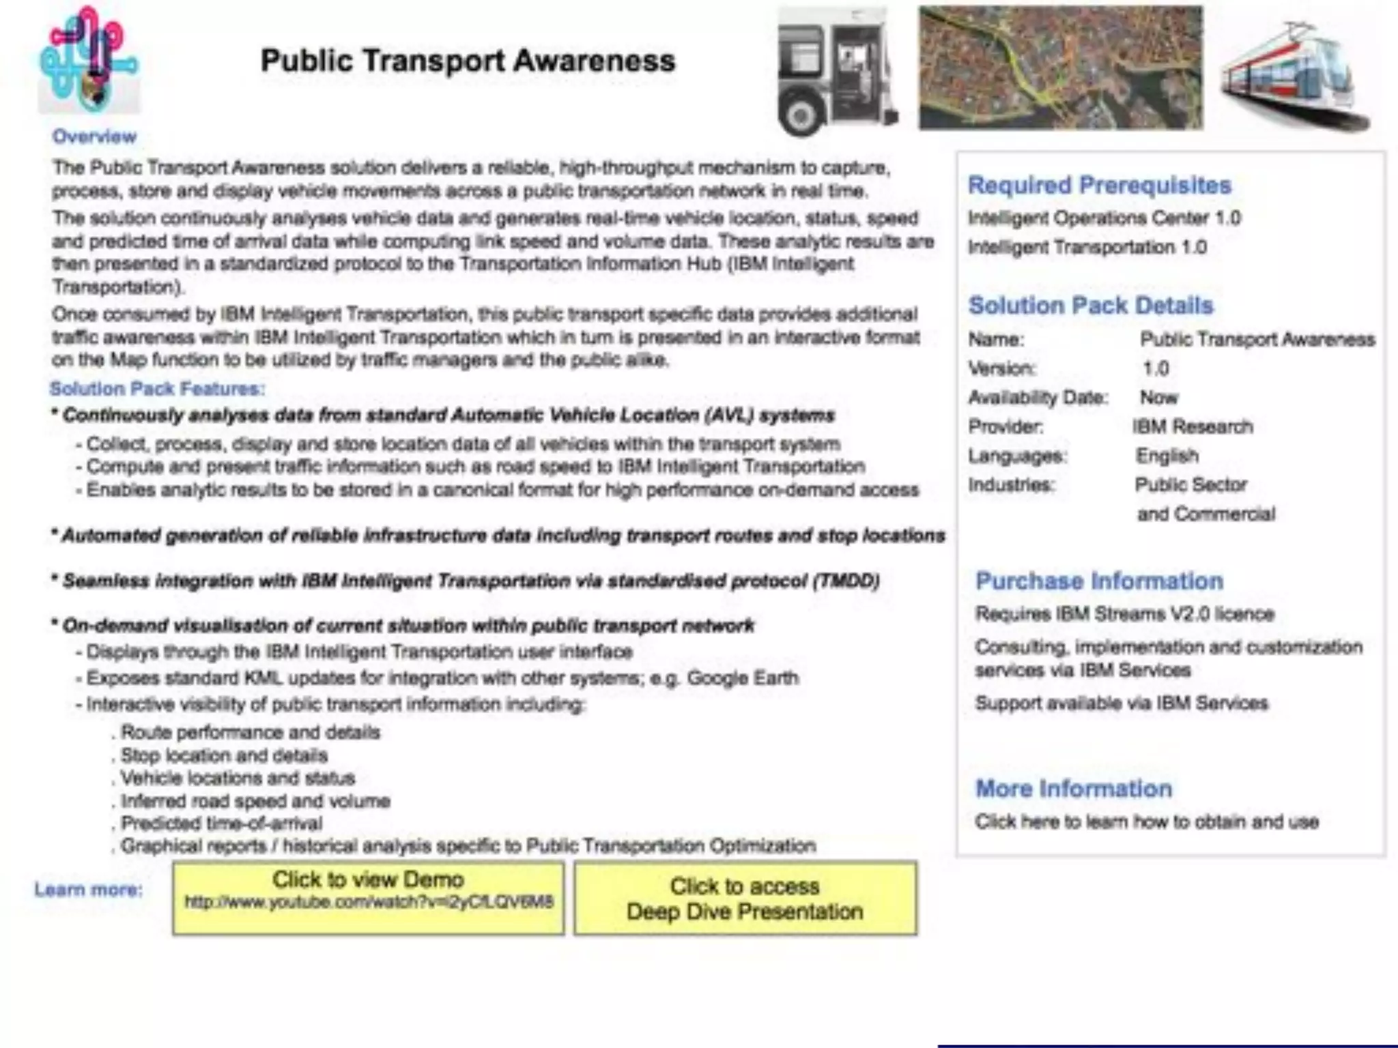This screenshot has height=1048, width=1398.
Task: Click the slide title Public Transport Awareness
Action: pos(468,61)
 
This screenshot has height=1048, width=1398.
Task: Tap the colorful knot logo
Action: pos(89,60)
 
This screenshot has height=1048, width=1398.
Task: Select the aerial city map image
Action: pos(1060,68)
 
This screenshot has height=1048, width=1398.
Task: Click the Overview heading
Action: pos(94,136)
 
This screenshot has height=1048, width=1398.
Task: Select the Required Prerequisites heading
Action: pos(1099,185)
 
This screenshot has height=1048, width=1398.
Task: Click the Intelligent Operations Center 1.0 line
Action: pos(1104,218)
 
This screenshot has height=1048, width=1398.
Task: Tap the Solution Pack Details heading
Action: pos(1090,305)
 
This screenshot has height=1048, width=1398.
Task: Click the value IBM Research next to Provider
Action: pos(1193,426)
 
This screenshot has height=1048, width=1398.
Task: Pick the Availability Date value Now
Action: pos(1158,397)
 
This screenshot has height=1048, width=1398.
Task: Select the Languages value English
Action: pos(1167,455)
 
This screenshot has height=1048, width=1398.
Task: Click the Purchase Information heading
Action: pos(1099,581)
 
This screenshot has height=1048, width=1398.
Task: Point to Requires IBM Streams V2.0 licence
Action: pos(1124,614)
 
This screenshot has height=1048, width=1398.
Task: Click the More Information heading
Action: pos(1073,789)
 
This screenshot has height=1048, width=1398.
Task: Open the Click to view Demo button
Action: pos(368,897)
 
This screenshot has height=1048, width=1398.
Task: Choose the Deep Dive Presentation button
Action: pos(745,899)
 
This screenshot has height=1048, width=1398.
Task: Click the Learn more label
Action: pos(89,890)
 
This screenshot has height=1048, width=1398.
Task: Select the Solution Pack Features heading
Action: pos(157,389)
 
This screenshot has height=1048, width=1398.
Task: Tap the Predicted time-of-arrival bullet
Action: pos(220,824)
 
